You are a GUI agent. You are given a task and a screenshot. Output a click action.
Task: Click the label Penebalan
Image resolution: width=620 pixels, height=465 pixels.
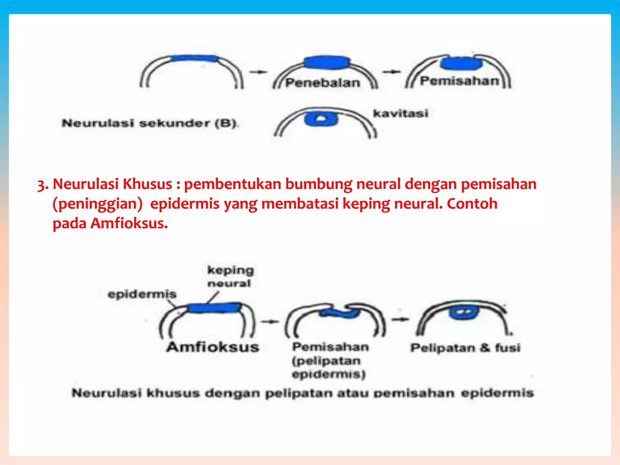pyautogui.click(x=323, y=83)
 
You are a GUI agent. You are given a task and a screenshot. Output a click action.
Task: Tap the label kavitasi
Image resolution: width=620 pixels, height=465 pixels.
pyautogui.click(x=401, y=114)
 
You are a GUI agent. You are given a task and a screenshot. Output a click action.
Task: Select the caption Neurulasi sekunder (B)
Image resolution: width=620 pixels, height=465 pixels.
pyautogui.click(x=150, y=123)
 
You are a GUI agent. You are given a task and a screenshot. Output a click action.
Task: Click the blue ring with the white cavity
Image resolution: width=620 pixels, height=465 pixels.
pyautogui.click(x=321, y=119)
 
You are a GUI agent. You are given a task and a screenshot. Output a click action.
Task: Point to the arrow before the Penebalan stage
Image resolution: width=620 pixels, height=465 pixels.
pyautogui.click(x=258, y=72)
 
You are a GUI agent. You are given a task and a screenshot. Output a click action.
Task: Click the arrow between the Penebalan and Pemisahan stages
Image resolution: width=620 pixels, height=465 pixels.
pyautogui.click(x=391, y=72)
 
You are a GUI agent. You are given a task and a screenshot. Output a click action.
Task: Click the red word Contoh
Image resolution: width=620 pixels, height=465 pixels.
pyautogui.click(x=472, y=204)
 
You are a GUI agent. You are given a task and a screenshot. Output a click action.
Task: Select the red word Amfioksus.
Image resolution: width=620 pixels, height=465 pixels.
pyautogui.click(x=129, y=223)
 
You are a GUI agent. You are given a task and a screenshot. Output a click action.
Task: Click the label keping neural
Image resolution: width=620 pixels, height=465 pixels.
pyautogui.click(x=230, y=276)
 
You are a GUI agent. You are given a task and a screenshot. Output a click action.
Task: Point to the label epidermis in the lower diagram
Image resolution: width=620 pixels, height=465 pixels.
pyautogui.click(x=142, y=294)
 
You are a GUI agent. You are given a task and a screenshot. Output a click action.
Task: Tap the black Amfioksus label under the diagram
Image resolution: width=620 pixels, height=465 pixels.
pyautogui.click(x=213, y=347)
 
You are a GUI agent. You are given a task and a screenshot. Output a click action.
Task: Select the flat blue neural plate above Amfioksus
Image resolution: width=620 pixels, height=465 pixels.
pyautogui.click(x=214, y=308)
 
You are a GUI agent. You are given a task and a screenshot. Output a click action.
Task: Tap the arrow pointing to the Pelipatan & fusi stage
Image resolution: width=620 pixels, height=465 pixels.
pyautogui.click(x=400, y=319)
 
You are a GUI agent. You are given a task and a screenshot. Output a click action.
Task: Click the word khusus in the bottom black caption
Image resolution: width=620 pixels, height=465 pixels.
pyautogui.click(x=173, y=393)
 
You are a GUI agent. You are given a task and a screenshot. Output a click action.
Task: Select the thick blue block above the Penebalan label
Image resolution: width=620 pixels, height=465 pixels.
pyautogui.click(x=327, y=62)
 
